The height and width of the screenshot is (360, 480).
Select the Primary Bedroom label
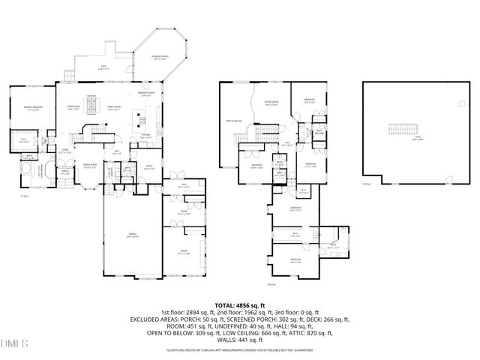[30, 108]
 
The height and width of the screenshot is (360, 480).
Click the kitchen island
[140, 116]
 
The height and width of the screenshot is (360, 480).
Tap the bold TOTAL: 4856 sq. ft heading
[240, 305]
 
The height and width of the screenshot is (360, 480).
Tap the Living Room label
[73, 108]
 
